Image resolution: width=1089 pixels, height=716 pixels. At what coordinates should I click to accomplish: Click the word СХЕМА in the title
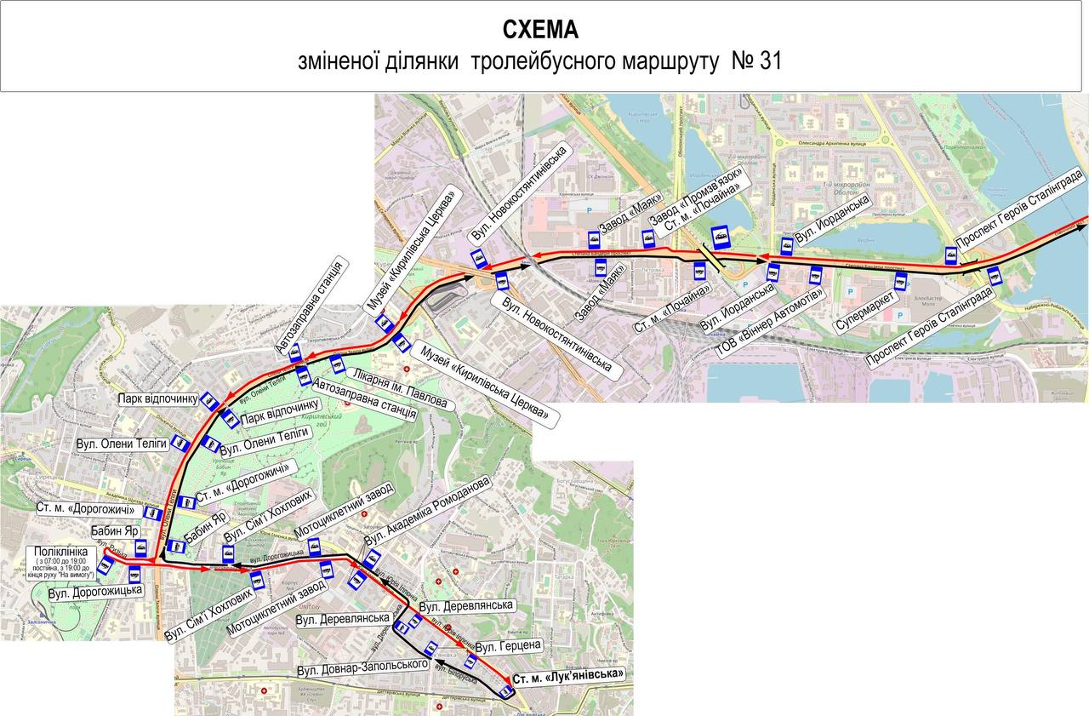[x=540, y=30]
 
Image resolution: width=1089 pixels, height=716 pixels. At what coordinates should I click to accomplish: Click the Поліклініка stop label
[x=60, y=552]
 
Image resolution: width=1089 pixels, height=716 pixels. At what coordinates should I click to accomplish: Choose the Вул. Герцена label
[x=509, y=646]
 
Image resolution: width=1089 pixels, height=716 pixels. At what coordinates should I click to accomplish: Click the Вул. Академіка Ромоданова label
[x=427, y=511]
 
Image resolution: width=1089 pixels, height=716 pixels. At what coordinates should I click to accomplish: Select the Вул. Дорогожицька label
[x=95, y=591]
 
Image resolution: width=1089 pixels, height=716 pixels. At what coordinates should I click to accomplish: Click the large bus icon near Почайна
[x=721, y=237]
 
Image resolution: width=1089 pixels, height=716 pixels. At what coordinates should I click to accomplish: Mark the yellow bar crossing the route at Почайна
[x=713, y=261]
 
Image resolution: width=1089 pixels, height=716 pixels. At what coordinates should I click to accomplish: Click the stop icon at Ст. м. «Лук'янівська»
[x=506, y=691]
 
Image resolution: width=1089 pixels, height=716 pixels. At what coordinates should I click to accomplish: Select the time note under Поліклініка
[x=60, y=569]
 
